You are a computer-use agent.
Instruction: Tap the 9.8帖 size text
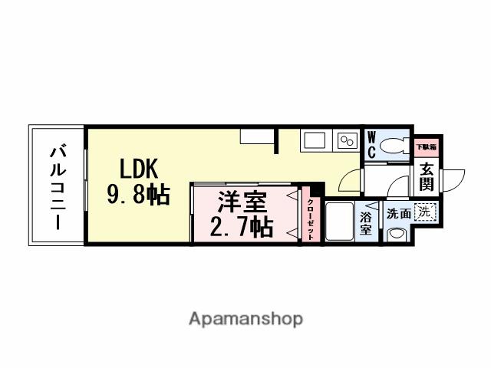[138, 195]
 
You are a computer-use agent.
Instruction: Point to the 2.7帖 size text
[242, 227]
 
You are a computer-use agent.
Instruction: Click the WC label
[371, 145]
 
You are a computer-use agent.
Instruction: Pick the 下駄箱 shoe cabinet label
[426, 146]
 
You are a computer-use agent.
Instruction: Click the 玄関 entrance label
[427, 179]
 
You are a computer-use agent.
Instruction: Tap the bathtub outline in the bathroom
[339, 222]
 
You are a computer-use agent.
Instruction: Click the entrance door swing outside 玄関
[453, 179]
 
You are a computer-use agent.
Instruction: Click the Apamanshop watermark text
[245, 318]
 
